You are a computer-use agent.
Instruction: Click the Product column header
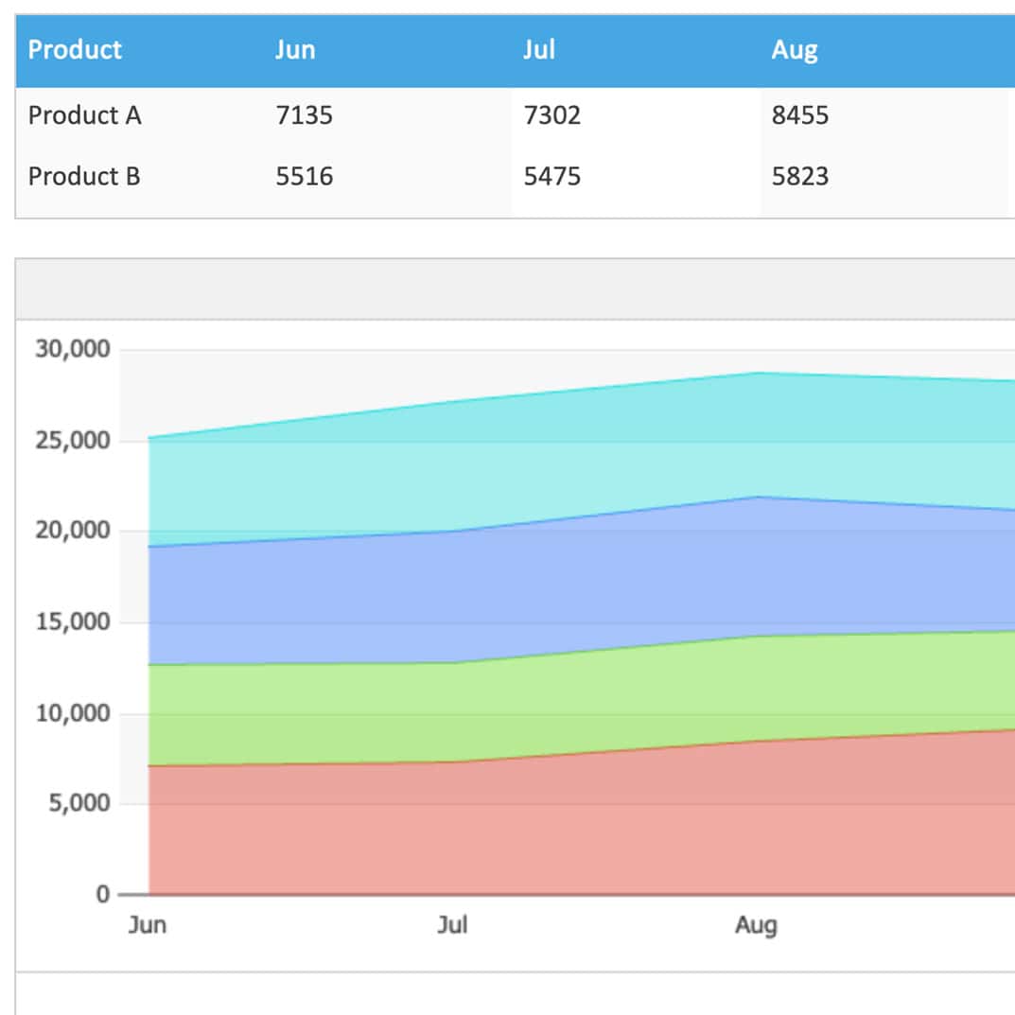tap(75, 50)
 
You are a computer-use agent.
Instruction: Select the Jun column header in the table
tap(295, 50)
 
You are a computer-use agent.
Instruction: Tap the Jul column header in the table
tap(539, 50)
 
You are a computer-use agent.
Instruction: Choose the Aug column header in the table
tap(795, 51)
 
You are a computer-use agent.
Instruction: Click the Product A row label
tap(85, 115)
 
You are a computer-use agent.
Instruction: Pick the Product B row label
tap(84, 176)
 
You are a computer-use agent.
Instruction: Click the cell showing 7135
tap(305, 115)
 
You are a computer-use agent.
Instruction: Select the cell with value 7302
tap(552, 115)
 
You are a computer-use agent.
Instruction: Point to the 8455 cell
tap(800, 115)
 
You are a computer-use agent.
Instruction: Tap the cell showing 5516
tap(305, 176)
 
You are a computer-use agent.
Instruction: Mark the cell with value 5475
tap(552, 176)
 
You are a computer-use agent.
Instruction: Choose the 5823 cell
tap(800, 176)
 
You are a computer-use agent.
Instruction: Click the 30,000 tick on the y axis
tap(73, 350)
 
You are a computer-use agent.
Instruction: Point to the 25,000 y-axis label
tap(73, 441)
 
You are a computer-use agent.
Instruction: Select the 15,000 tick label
tap(73, 622)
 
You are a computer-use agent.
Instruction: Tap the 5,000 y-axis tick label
tap(79, 803)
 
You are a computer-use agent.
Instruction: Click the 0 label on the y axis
tap(103, 895)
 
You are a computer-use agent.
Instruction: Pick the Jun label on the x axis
tap(148, 925)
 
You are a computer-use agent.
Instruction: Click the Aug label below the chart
tap(756, 926)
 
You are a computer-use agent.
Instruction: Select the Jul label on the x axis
tap(452, 925)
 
